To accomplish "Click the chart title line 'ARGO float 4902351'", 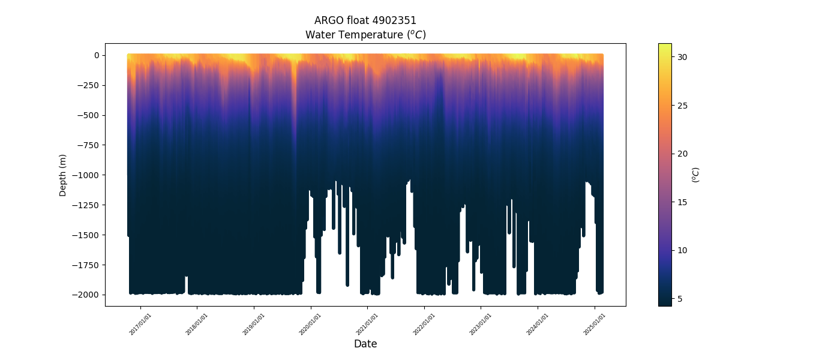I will [x=365, y=20].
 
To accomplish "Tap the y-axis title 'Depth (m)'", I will [x=63, y=175].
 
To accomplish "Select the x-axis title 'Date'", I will [x=365, y=344].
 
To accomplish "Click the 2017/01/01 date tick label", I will [x=140, y=324].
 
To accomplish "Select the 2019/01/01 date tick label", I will [x=254, y=324].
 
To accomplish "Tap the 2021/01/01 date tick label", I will [x=367, y=324].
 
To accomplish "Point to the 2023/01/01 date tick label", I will [x=481, y=324].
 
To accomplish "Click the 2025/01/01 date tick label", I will [x=594, y=324].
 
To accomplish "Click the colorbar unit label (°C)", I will [x=696, y=175].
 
